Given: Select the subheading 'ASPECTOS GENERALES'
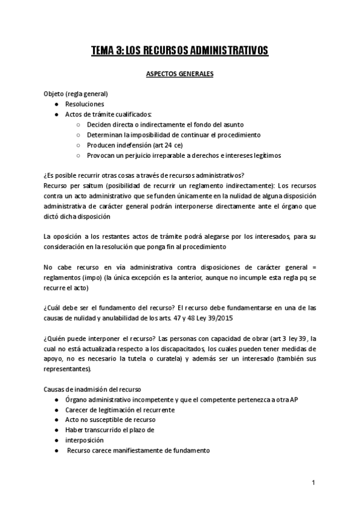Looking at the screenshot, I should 180,76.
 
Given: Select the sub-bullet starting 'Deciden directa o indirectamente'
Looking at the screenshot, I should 149,124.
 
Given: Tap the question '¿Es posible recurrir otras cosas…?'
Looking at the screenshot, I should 143,175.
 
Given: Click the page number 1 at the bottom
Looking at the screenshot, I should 313,483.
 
